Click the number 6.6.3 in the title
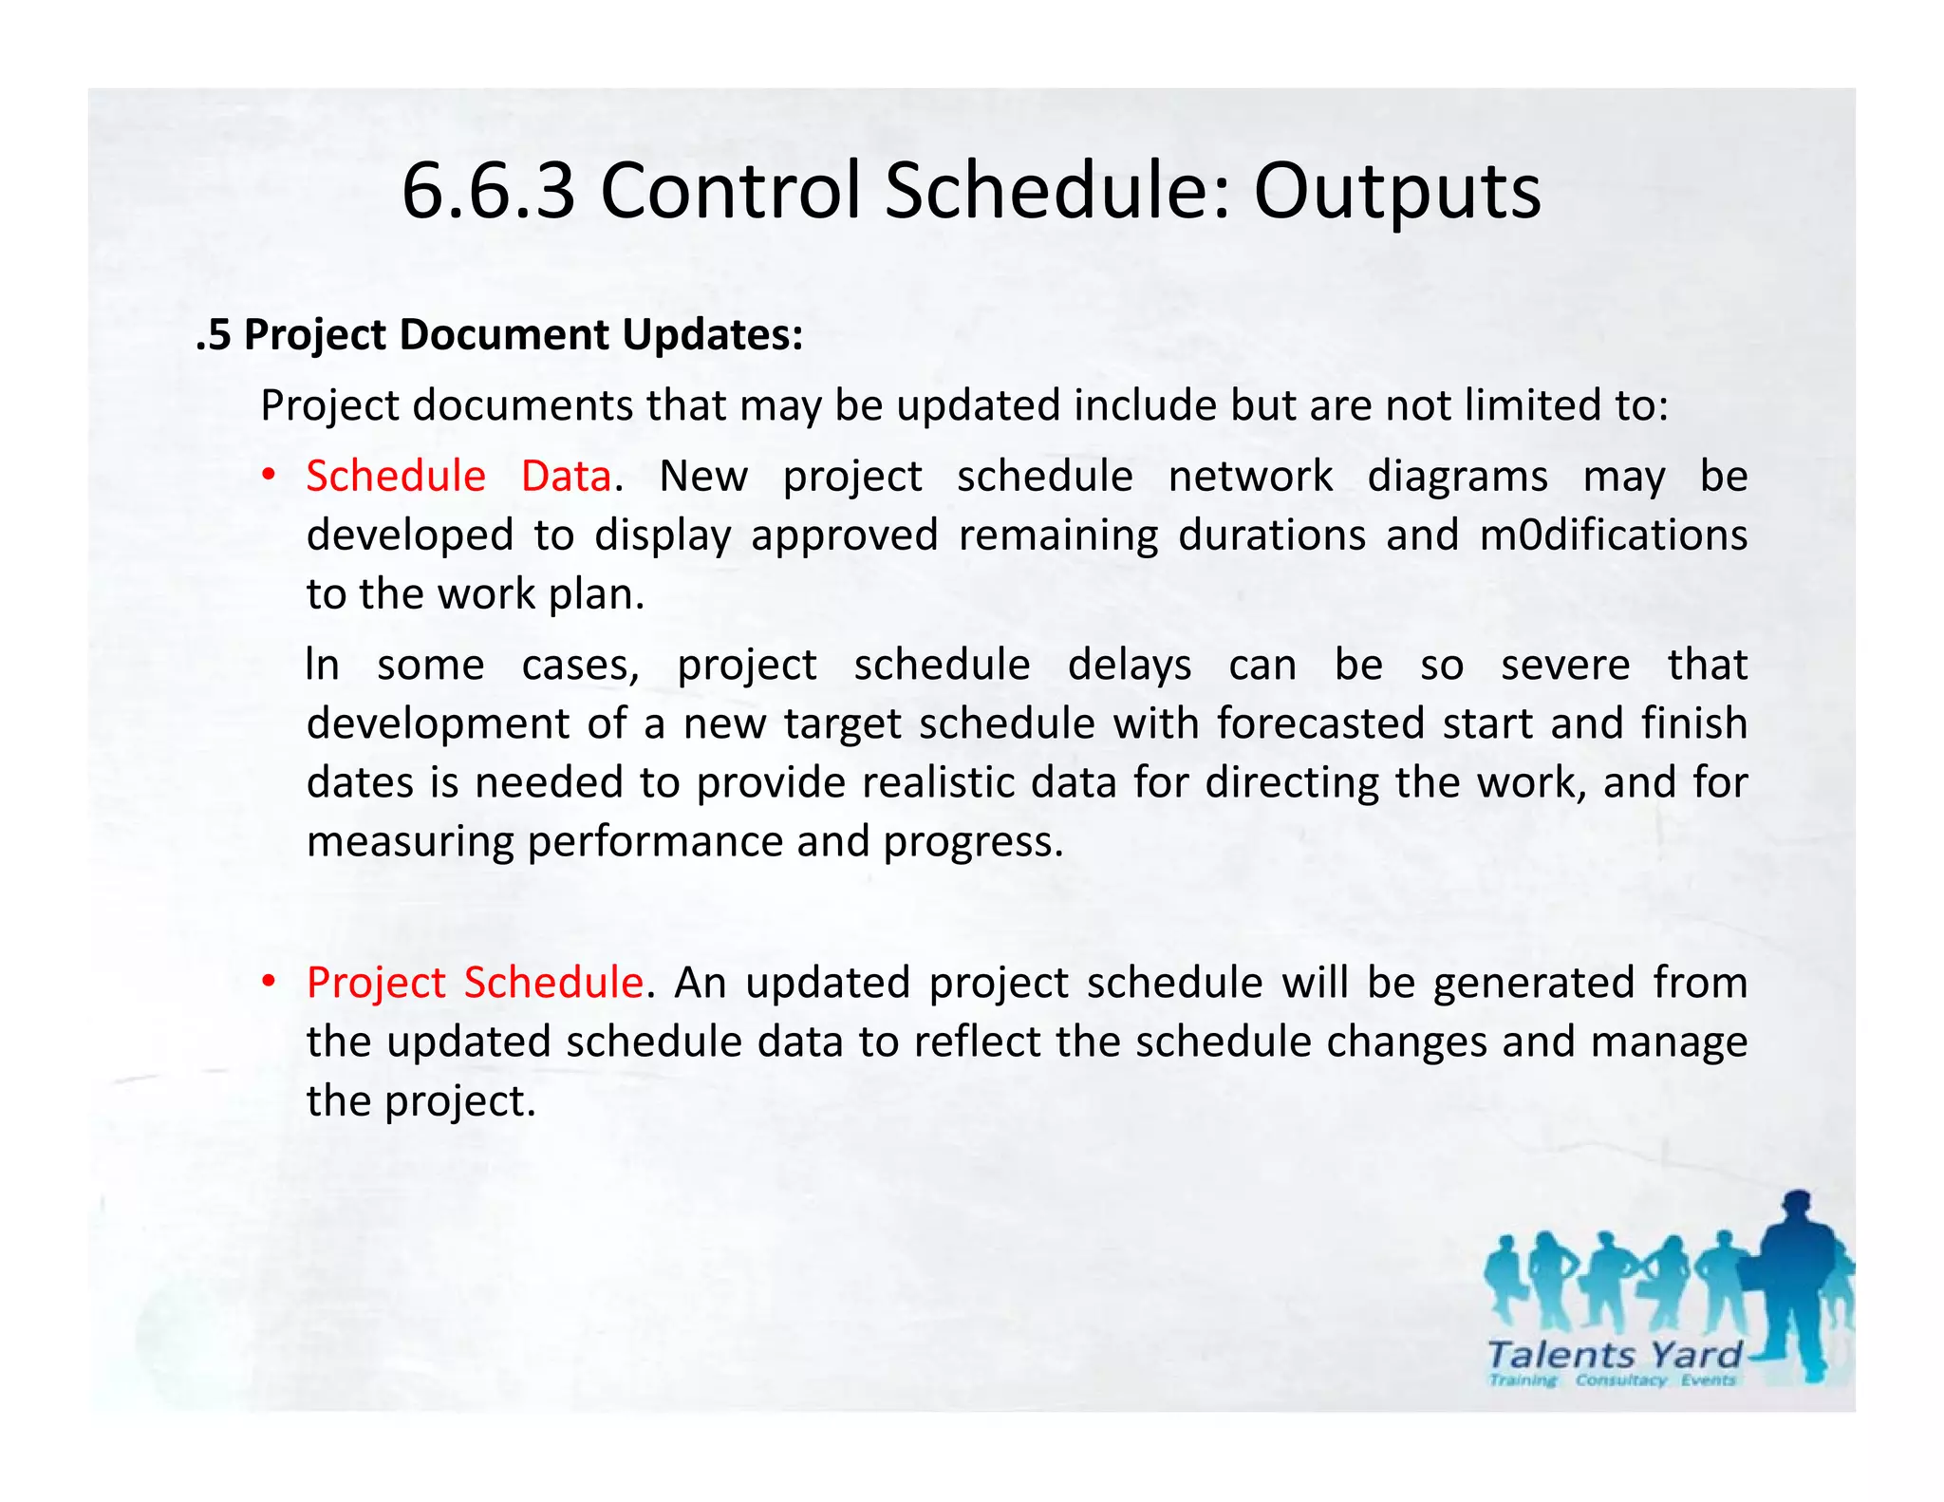tap(488, 191)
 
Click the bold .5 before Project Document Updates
tap(214, 334)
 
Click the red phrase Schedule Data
tap(458, 476)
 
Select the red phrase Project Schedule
tap(475, 982)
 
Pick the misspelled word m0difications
tap(1613, 535)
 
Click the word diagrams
tap(1457, 476)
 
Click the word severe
tap(1564, 665)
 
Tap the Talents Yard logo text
tap(1615, 1355)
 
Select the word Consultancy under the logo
tap(1620, 1380)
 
